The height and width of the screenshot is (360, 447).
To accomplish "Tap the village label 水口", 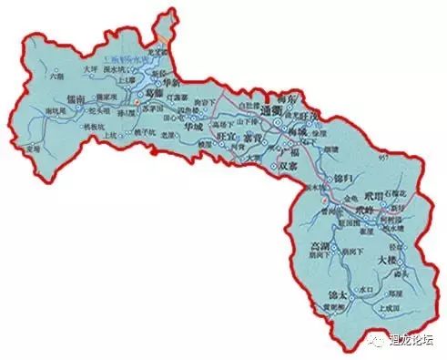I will pos(368,289).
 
